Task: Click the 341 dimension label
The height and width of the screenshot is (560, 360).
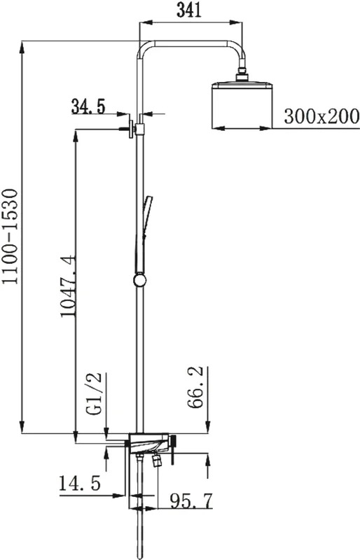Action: [189, 10]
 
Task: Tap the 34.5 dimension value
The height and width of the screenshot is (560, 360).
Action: [88, 106]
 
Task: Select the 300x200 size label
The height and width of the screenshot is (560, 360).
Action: [321, 116]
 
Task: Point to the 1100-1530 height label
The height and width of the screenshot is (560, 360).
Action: [10, 237]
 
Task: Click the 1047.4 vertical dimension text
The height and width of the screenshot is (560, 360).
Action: [67, 286]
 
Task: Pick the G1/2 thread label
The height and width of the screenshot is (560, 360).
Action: [95, 393]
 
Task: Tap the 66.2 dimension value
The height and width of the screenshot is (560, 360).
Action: [195, 387]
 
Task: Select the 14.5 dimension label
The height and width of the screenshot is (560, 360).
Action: [80, 484]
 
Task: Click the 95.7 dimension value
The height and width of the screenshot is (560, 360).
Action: [191, 500]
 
